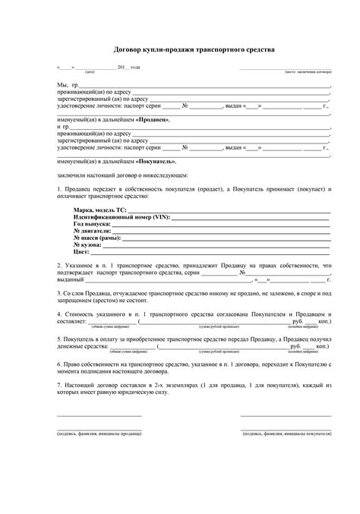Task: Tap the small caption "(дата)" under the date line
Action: [90, 71]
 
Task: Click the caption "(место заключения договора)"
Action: [308, 71]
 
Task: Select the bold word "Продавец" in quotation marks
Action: [150, 120]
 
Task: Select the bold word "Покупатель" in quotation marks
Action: [155, 162]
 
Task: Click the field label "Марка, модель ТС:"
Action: [99, 209]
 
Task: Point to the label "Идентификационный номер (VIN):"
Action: [122, 217]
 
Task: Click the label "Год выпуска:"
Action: [92, 225]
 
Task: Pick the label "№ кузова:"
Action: [88, 246]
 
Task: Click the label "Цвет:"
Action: [82, 253]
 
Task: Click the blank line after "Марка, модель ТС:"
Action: [228, 210]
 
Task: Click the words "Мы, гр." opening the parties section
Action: [67, 85]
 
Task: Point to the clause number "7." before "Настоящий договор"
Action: [59, 384]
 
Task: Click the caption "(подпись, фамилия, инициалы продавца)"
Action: [99, 430]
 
